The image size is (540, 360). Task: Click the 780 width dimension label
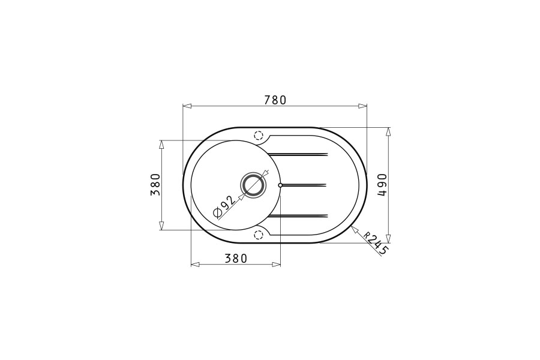click(275, 100)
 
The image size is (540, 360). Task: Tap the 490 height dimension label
click(382, 185)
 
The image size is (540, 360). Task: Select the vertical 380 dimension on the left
click(155, 185)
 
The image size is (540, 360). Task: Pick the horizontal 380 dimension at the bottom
click(236, 258)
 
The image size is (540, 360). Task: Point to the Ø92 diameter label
click(224, 208)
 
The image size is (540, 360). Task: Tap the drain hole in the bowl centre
click(254, 185)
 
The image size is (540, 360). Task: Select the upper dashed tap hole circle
click(259, 135)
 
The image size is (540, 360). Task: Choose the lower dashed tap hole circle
click(259, 235)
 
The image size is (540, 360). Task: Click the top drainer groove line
click(298, 154)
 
